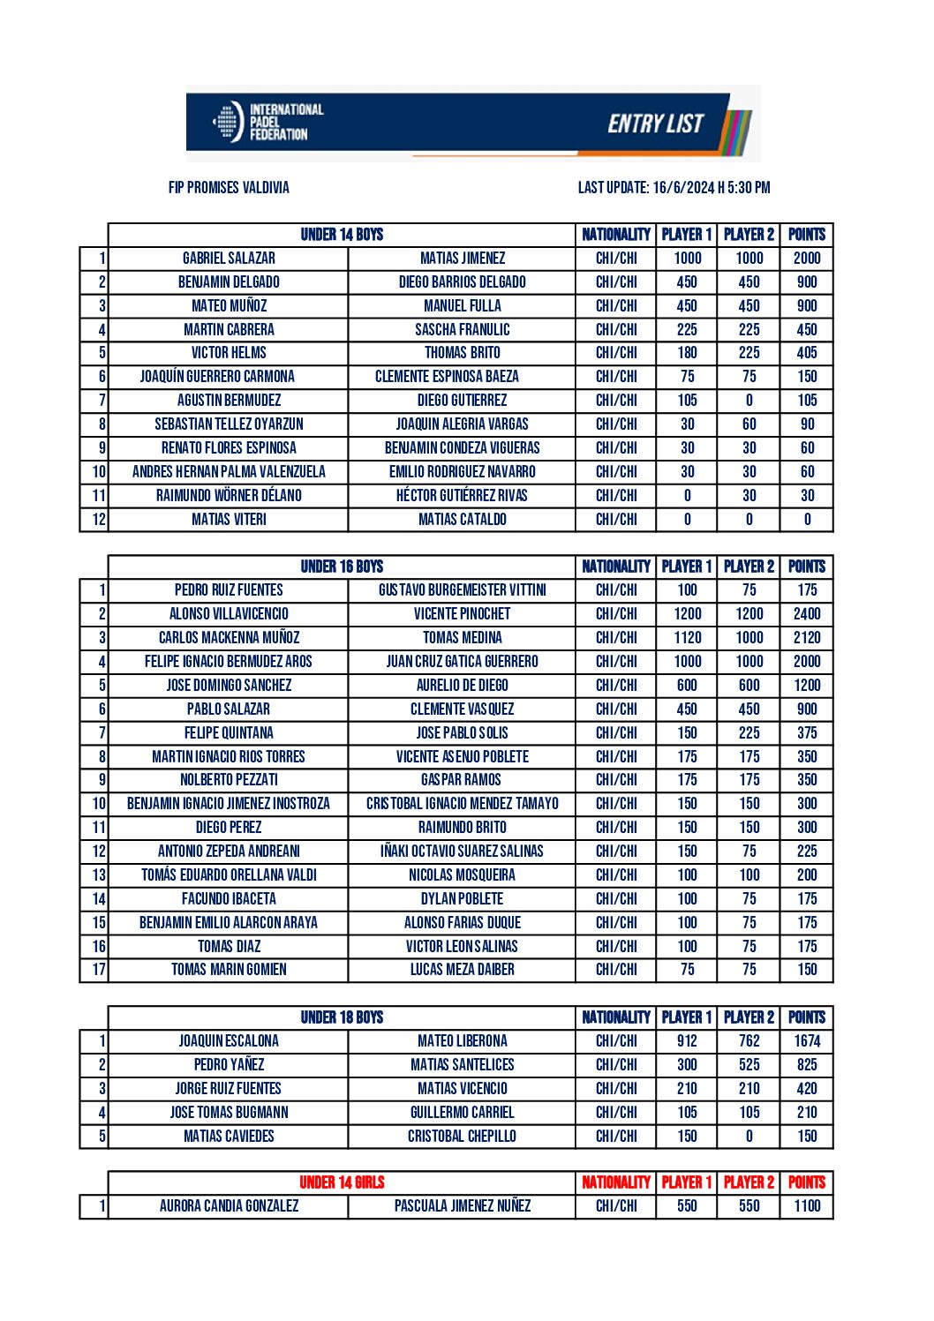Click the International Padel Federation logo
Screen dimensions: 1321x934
click(x=268, y=123)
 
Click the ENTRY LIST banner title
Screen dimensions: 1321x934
click(x=655, y=124)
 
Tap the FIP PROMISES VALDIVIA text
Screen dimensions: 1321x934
click(x=229, y=188)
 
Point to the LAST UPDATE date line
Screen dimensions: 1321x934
click(x=674, y=188)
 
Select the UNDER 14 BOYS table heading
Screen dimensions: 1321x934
click(x=342, y=235)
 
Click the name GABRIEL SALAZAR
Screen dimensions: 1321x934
click(x=229, y=259)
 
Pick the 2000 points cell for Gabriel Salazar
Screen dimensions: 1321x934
click(x=807, y=259)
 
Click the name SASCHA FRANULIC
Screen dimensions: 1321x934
click(x=462, y=330)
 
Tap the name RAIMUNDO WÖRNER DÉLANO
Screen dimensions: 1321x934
click(x=229, y=496)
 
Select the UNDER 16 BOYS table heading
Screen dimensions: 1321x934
click(x=342, y=567)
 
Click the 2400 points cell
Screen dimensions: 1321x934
click(x=807, y=614)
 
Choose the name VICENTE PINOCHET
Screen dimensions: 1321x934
click(x=462, y=614)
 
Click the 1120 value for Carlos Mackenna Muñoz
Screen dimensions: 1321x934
click(x=687, y=638)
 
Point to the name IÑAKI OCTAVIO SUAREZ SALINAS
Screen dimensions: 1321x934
click(x=462, y=852)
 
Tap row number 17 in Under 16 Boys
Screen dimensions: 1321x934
click(x=98, y=970)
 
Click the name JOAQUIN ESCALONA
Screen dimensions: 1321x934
click(x=229, y=1041)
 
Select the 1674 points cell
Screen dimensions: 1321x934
click(x=807, y=1041)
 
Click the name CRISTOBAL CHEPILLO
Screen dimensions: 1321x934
click(x=462, y=1137)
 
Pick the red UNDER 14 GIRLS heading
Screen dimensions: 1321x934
click(x=342, y=1182)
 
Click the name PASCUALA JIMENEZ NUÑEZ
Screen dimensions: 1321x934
click(x=462, y=1206)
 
